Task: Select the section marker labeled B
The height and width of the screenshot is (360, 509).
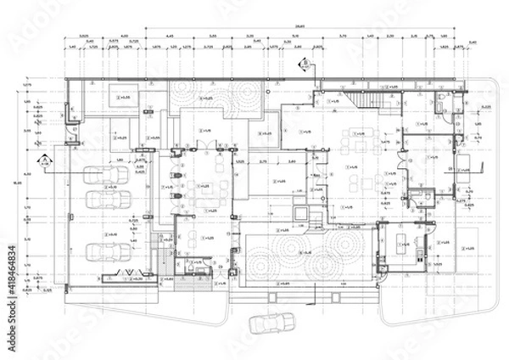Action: click(x=302, y=63)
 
